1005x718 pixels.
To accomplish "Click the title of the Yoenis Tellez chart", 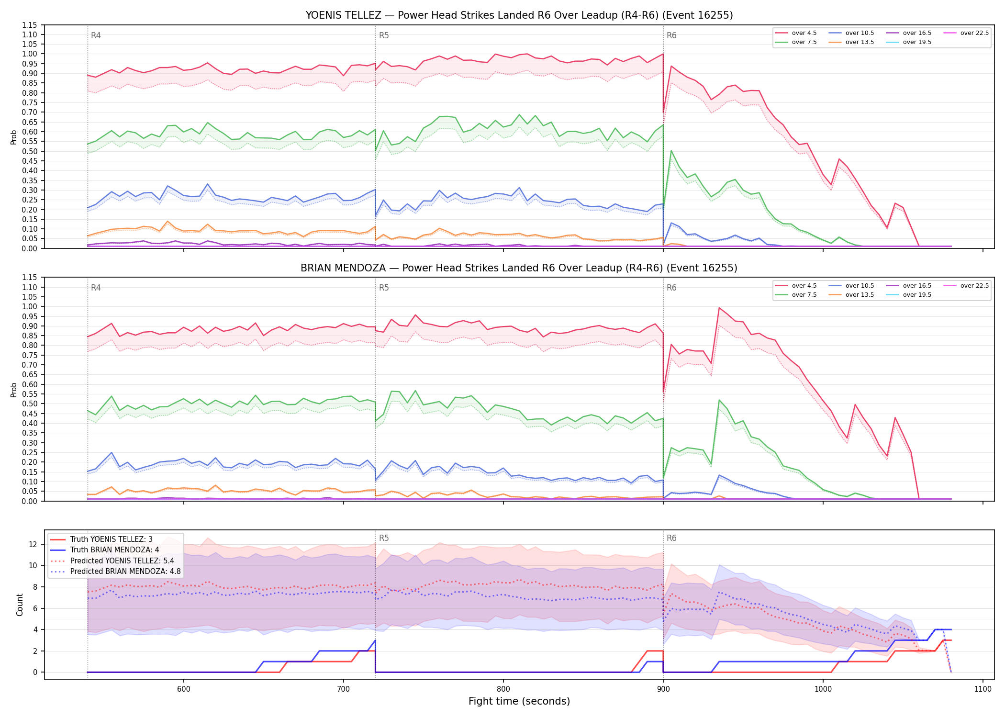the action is point(519,15).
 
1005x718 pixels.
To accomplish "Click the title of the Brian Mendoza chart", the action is point(519,268).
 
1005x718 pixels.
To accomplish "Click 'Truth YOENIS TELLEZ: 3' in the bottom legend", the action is point(101,539).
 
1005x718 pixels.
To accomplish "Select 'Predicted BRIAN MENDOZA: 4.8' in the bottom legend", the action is point(115,572).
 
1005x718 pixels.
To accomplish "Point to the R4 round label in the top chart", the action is point(96,35).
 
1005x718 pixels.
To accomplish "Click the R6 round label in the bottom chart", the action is point(671,538).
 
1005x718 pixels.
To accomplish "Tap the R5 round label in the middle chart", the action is point(384,288).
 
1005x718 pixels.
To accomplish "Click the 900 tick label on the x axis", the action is point(663,689).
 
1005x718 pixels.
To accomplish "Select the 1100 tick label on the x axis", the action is point(983,689).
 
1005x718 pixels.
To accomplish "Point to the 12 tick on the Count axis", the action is point(33,544).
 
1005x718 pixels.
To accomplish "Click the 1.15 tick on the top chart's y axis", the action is point(29,25).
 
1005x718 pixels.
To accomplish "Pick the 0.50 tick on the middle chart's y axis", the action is point(29,404).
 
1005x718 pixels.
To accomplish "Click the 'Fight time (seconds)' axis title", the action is point(519,702).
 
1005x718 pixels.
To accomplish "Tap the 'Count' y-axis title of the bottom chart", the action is point(20,605).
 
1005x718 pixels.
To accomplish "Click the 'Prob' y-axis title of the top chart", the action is point(14,137).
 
